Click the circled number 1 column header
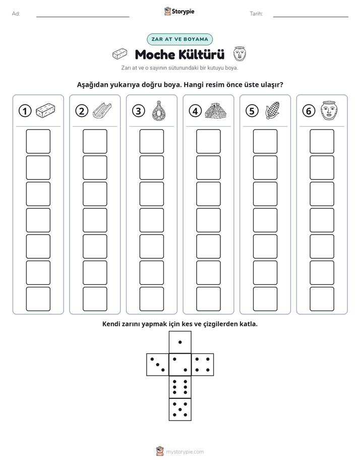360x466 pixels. pyautogui.click(x=25, y=111)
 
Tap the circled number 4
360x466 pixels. pyautogui.click(x=195, y=111)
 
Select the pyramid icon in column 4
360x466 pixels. pyautogui.click(x=216, y=111)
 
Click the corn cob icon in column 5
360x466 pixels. pyautogui.click(x=272, y=110)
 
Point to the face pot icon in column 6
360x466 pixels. pyautogui.click(x=329, y=110)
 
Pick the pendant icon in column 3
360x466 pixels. pyautogui.click(x=159, y=110)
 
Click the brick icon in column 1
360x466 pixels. pyautogui.click(x=45, y=110)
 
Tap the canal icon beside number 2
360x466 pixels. pyautogui.click(x=102, y=110)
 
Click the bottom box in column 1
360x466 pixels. pyautogui.click(x=38, y=299)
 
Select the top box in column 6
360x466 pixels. pyautogui.click(x=322, y=141)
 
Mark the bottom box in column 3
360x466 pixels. pyautogui.click(x=151, y=299)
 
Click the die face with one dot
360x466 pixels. pyautogui.click(x=180, y=342)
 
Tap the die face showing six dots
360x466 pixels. pyautogui.click(x=180, y=387)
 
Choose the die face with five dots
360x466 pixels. pyautogui.click(x=180, y=410)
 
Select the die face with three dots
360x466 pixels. pyautogui.click(x=158, y=364)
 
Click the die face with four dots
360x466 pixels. pyautogui.click(x=203, y=364)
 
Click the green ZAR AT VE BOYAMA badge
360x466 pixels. pyautogui.click(x=179, y=39)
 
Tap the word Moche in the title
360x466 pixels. pyautogui.click(x=155, y=54)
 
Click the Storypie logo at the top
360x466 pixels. pyautogui.click(x=179, y=11)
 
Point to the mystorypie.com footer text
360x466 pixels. pyautogui.click(x=185, y=452)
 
